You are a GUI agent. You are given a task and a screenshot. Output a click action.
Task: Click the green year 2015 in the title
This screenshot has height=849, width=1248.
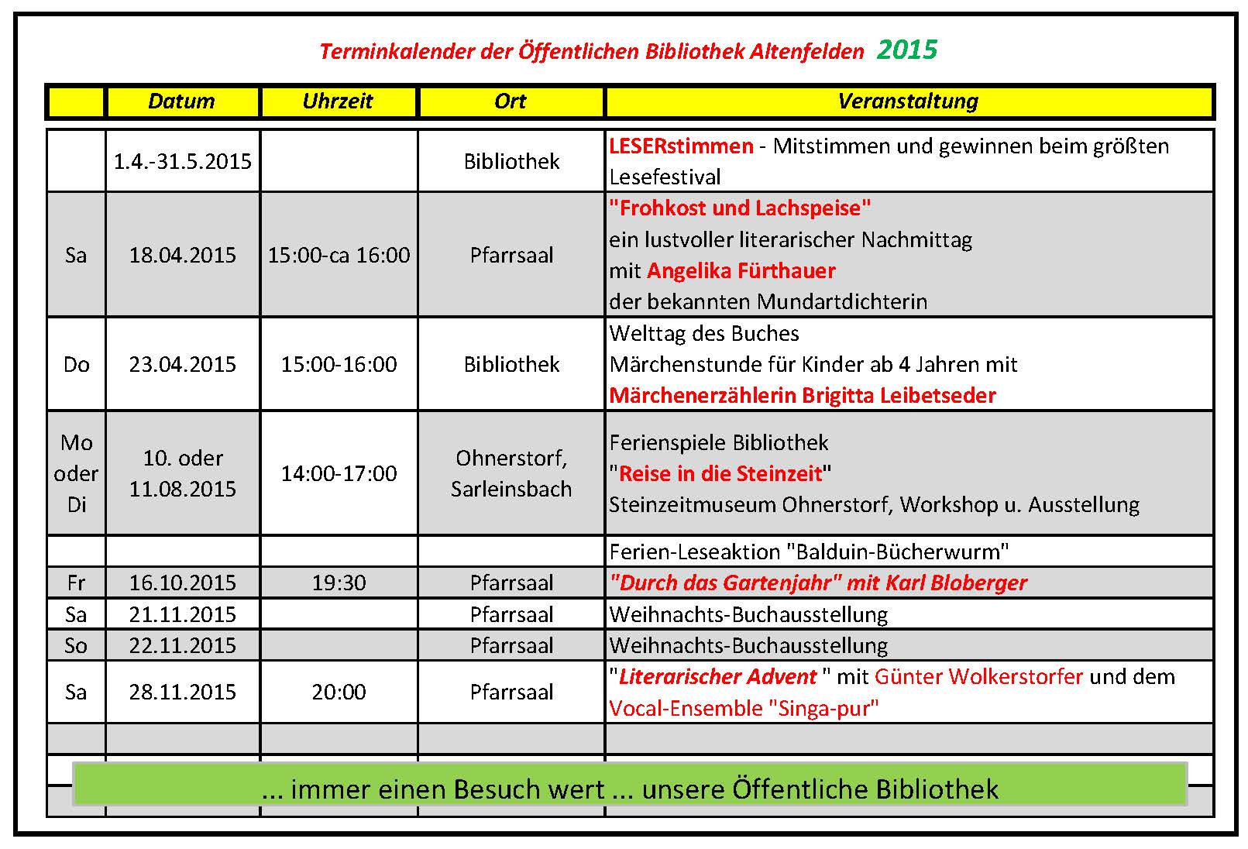(x=906, y=50)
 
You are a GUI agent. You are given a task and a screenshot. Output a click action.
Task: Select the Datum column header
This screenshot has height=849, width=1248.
(x=181, y=101)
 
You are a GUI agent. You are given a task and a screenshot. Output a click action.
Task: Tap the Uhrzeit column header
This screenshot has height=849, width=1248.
(x=338, y=101)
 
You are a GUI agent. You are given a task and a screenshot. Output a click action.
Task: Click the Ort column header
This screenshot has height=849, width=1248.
(x=511, y=101)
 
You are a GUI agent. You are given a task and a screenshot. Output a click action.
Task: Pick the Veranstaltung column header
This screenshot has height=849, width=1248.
(x=908, y=101)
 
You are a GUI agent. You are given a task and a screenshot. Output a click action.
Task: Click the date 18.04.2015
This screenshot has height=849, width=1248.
(x=182, y=255)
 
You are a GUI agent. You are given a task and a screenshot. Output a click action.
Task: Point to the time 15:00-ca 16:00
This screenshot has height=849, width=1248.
(x=339, y=255)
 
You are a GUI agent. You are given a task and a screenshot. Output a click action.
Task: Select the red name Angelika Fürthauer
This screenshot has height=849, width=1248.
(x=741, y=270)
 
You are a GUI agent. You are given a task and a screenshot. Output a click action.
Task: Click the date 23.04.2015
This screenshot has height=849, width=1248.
(x=182, y=364)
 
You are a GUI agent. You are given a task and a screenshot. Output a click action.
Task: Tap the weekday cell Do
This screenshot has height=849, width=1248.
(x=76, y=364)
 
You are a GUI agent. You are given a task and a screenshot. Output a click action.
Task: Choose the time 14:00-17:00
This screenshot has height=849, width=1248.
(x=339, y=473)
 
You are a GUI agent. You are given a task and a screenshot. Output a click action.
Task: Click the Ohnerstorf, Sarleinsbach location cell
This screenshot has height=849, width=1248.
(x=511, y=473)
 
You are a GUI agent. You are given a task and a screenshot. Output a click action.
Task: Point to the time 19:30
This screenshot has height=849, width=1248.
(x=339, y=583)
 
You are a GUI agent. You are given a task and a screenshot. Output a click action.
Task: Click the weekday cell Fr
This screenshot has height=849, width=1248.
(x=76, y=583)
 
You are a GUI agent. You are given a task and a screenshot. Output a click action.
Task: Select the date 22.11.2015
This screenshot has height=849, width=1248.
(x=182, y=645)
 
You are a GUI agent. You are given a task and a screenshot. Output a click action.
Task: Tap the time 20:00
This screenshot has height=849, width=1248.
(x=339, y=692)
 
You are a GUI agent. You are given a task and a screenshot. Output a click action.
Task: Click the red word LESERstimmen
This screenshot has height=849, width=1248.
(x=681, y=146)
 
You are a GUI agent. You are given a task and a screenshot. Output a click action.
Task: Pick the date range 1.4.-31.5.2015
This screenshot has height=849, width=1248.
(x=182, y=161)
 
